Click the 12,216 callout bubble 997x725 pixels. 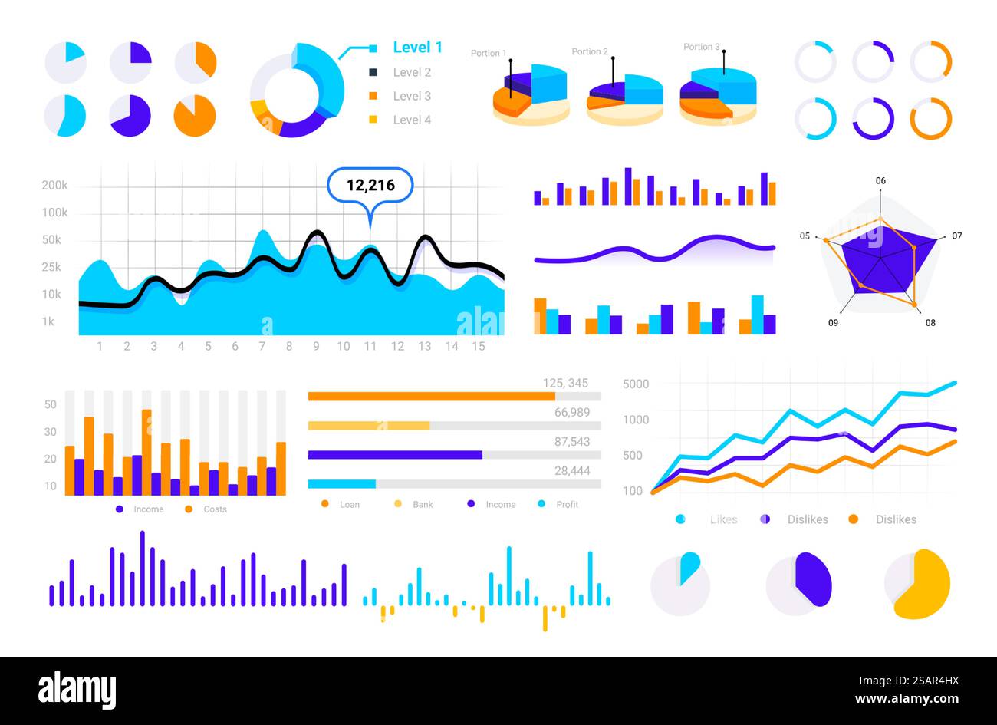click(370, 185)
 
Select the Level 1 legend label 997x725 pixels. click(417, 48)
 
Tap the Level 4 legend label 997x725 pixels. click(412, 120)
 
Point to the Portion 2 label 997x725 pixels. click(590, 52)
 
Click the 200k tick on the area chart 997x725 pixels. click(54, 186)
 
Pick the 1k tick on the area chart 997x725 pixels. click(48, 321)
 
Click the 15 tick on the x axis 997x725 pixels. click(479, 347)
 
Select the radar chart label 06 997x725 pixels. click(880, 181)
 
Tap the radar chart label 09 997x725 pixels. click(833, 323)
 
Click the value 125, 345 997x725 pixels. click(565, 383)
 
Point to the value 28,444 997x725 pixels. click(572, 470)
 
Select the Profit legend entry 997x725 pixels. click(567, 505)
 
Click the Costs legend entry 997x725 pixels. click(215, 509)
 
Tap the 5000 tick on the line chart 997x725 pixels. click(635, 384)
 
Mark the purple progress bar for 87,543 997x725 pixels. click(395, 455)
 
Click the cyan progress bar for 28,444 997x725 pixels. click(341, 484)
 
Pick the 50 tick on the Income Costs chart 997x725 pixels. click(51, 404)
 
